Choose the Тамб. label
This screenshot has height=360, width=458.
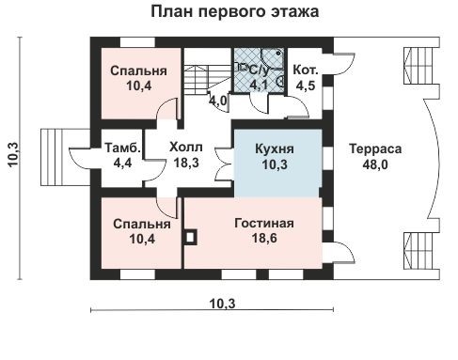point(123,149)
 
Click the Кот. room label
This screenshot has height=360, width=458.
point(306,70)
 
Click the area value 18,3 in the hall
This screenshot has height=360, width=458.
point(184,162)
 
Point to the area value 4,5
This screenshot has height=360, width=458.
point(306,86)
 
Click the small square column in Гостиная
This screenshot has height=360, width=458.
point(191,237)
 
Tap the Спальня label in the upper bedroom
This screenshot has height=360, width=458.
point(132,71)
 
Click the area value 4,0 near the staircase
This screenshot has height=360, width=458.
point(217,99)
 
